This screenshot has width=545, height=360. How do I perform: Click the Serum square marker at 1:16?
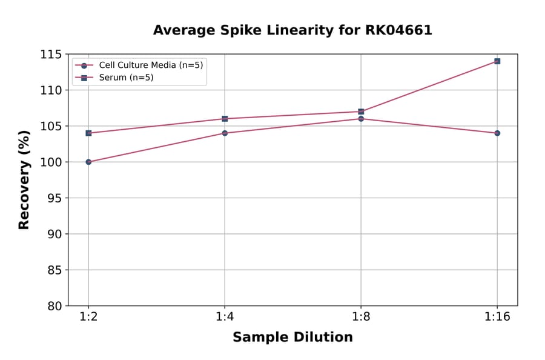(497, 61)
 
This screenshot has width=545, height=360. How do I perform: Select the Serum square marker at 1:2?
(88, 133)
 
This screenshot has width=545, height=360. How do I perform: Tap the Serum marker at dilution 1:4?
(225, 119)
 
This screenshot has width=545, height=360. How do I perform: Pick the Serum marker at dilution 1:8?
(361, 112)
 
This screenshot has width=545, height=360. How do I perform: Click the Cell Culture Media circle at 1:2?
(88, 162)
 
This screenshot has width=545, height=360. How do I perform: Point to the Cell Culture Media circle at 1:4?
(225, 133)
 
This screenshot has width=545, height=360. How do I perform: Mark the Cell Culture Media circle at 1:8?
(361, 119)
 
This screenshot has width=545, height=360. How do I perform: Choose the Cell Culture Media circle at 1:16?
(497, 133)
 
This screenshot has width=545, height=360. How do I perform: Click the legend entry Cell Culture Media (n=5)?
(151, 65)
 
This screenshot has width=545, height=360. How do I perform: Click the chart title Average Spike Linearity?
(292, 30)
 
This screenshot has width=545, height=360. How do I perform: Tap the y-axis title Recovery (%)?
(24, 179)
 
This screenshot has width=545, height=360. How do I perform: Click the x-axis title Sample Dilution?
(292, 338)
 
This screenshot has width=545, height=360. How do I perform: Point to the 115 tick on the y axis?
(51, 55)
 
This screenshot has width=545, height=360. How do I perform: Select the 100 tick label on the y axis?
(51, 162)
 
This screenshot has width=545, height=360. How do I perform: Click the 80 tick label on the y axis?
(54, 305)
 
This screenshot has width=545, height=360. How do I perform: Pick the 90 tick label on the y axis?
(54, 234)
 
